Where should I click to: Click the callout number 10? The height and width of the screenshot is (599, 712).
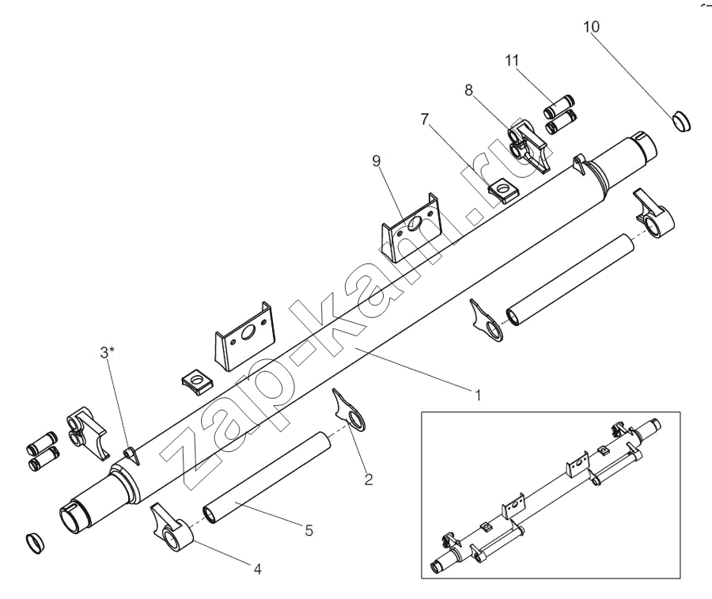point(592,27)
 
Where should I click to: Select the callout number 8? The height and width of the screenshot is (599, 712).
point(469,91)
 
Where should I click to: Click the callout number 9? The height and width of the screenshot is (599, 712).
point(377,161)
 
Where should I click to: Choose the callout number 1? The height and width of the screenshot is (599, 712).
point(477,392)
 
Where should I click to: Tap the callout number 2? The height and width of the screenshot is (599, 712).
point(368,478)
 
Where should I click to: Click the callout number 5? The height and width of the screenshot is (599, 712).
point(309,531)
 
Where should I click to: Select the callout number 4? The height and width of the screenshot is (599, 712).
point(256,567)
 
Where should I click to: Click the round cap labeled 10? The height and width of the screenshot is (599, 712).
point(680,122)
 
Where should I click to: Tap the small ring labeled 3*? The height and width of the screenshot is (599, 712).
point(131,454)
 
